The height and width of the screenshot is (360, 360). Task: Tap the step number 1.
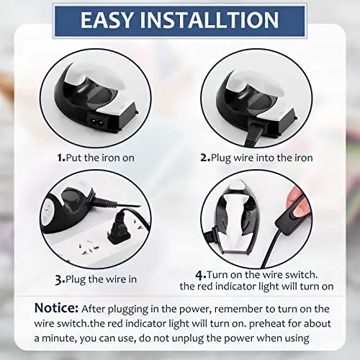[x=61, y=156]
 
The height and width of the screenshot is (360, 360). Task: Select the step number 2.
[x=205, y=156]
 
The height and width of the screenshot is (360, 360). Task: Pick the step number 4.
[x=199, y=274]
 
